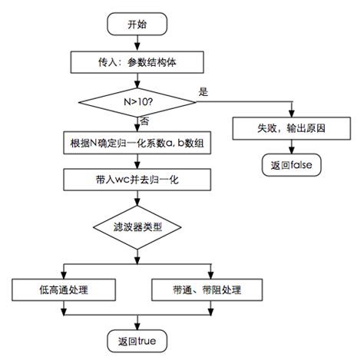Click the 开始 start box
136,24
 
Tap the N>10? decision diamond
137,101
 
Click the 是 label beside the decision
204,91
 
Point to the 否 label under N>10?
145,121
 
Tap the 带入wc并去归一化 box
137,181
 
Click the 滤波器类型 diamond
137,227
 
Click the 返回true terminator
136,339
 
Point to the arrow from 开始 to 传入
137,42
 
